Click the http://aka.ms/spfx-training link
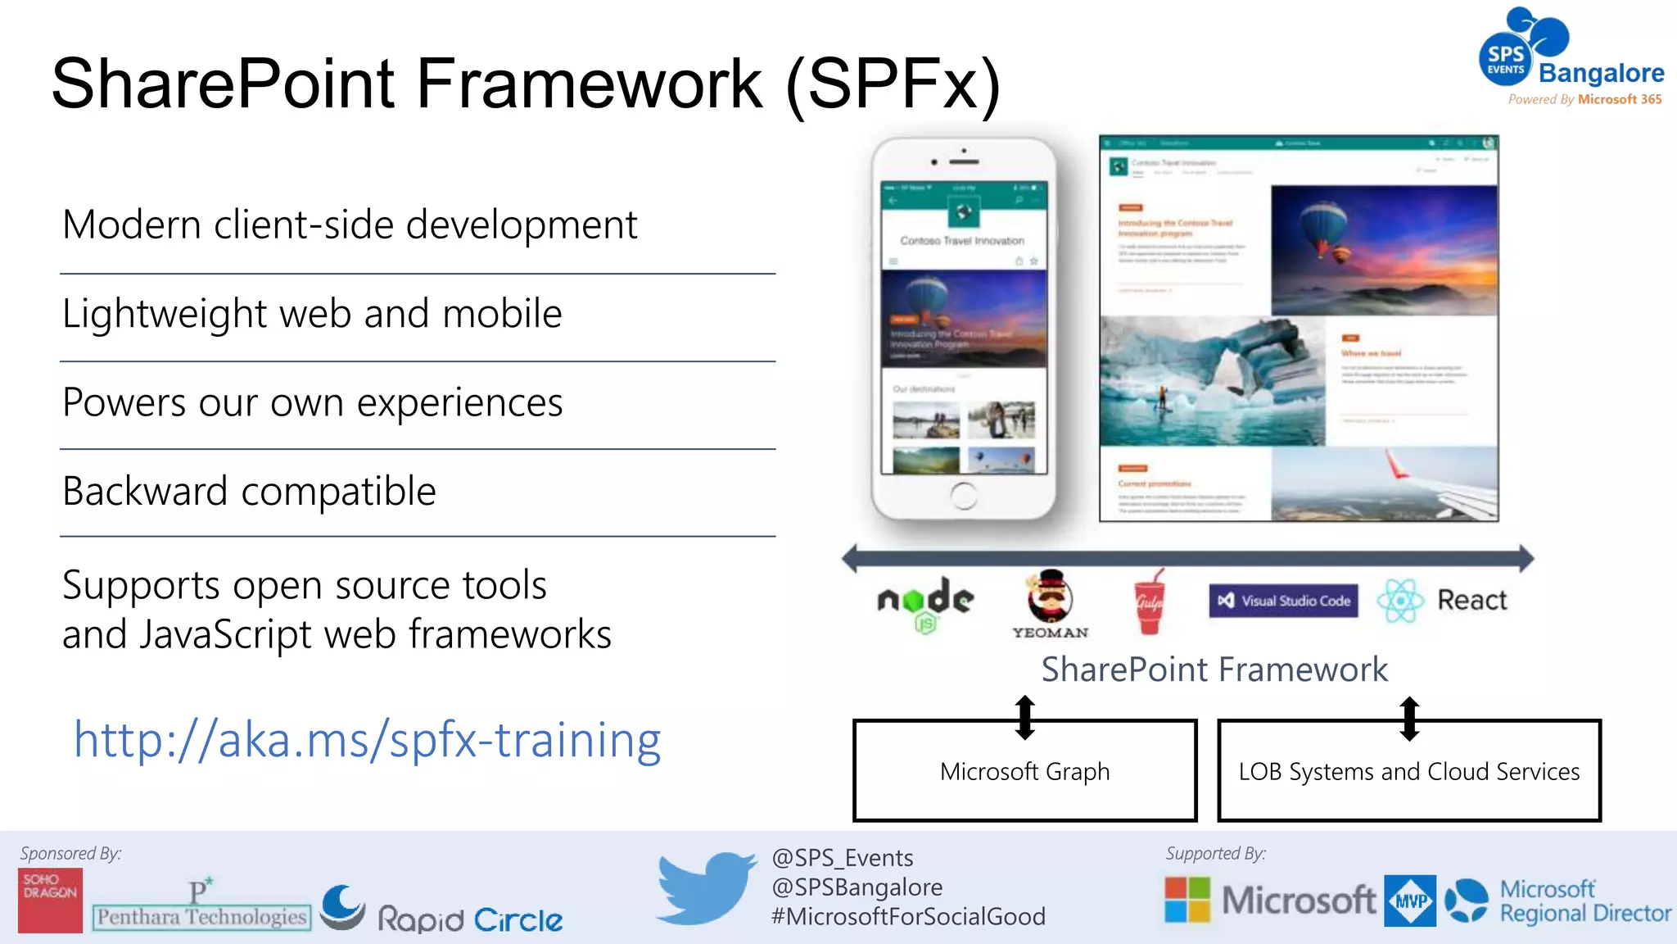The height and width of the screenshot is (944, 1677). point(367,740)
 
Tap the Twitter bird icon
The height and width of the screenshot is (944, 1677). point(706,888)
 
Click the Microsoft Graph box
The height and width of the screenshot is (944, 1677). point(1024,771)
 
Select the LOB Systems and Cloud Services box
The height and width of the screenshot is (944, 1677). point(1408,771)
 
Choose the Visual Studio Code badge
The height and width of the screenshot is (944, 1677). point(1283,601)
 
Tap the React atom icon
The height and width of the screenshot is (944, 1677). point(1401,601)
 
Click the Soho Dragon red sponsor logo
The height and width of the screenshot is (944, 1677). point(50,900)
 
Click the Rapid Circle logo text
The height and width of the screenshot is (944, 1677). point(470,919)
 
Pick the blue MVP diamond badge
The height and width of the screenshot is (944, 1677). point(1410,901)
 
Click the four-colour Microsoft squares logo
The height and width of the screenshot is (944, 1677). point(1187,900)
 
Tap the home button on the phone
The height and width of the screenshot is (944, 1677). point(964,495)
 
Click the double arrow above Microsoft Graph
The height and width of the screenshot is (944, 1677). point(1024,718)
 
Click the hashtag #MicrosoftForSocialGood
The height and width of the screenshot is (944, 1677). point(908,916)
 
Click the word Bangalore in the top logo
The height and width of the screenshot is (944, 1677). point(1601,73)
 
